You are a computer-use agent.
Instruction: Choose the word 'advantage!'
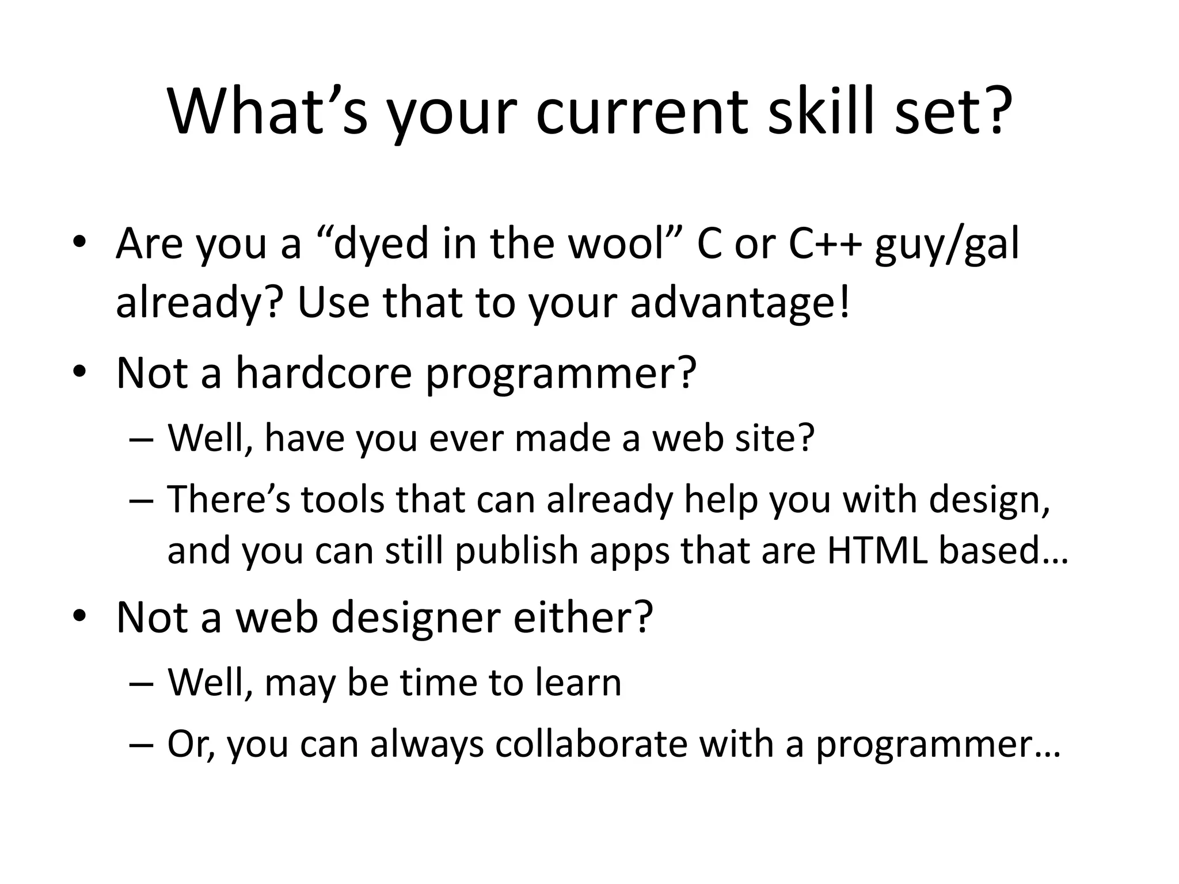click(740, 304)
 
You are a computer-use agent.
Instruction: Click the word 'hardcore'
click(324, 372)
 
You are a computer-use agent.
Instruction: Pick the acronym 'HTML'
click(877, 550)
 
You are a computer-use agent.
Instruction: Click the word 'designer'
click(416, 618)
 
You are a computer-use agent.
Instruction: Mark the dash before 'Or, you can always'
click(142, 744)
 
